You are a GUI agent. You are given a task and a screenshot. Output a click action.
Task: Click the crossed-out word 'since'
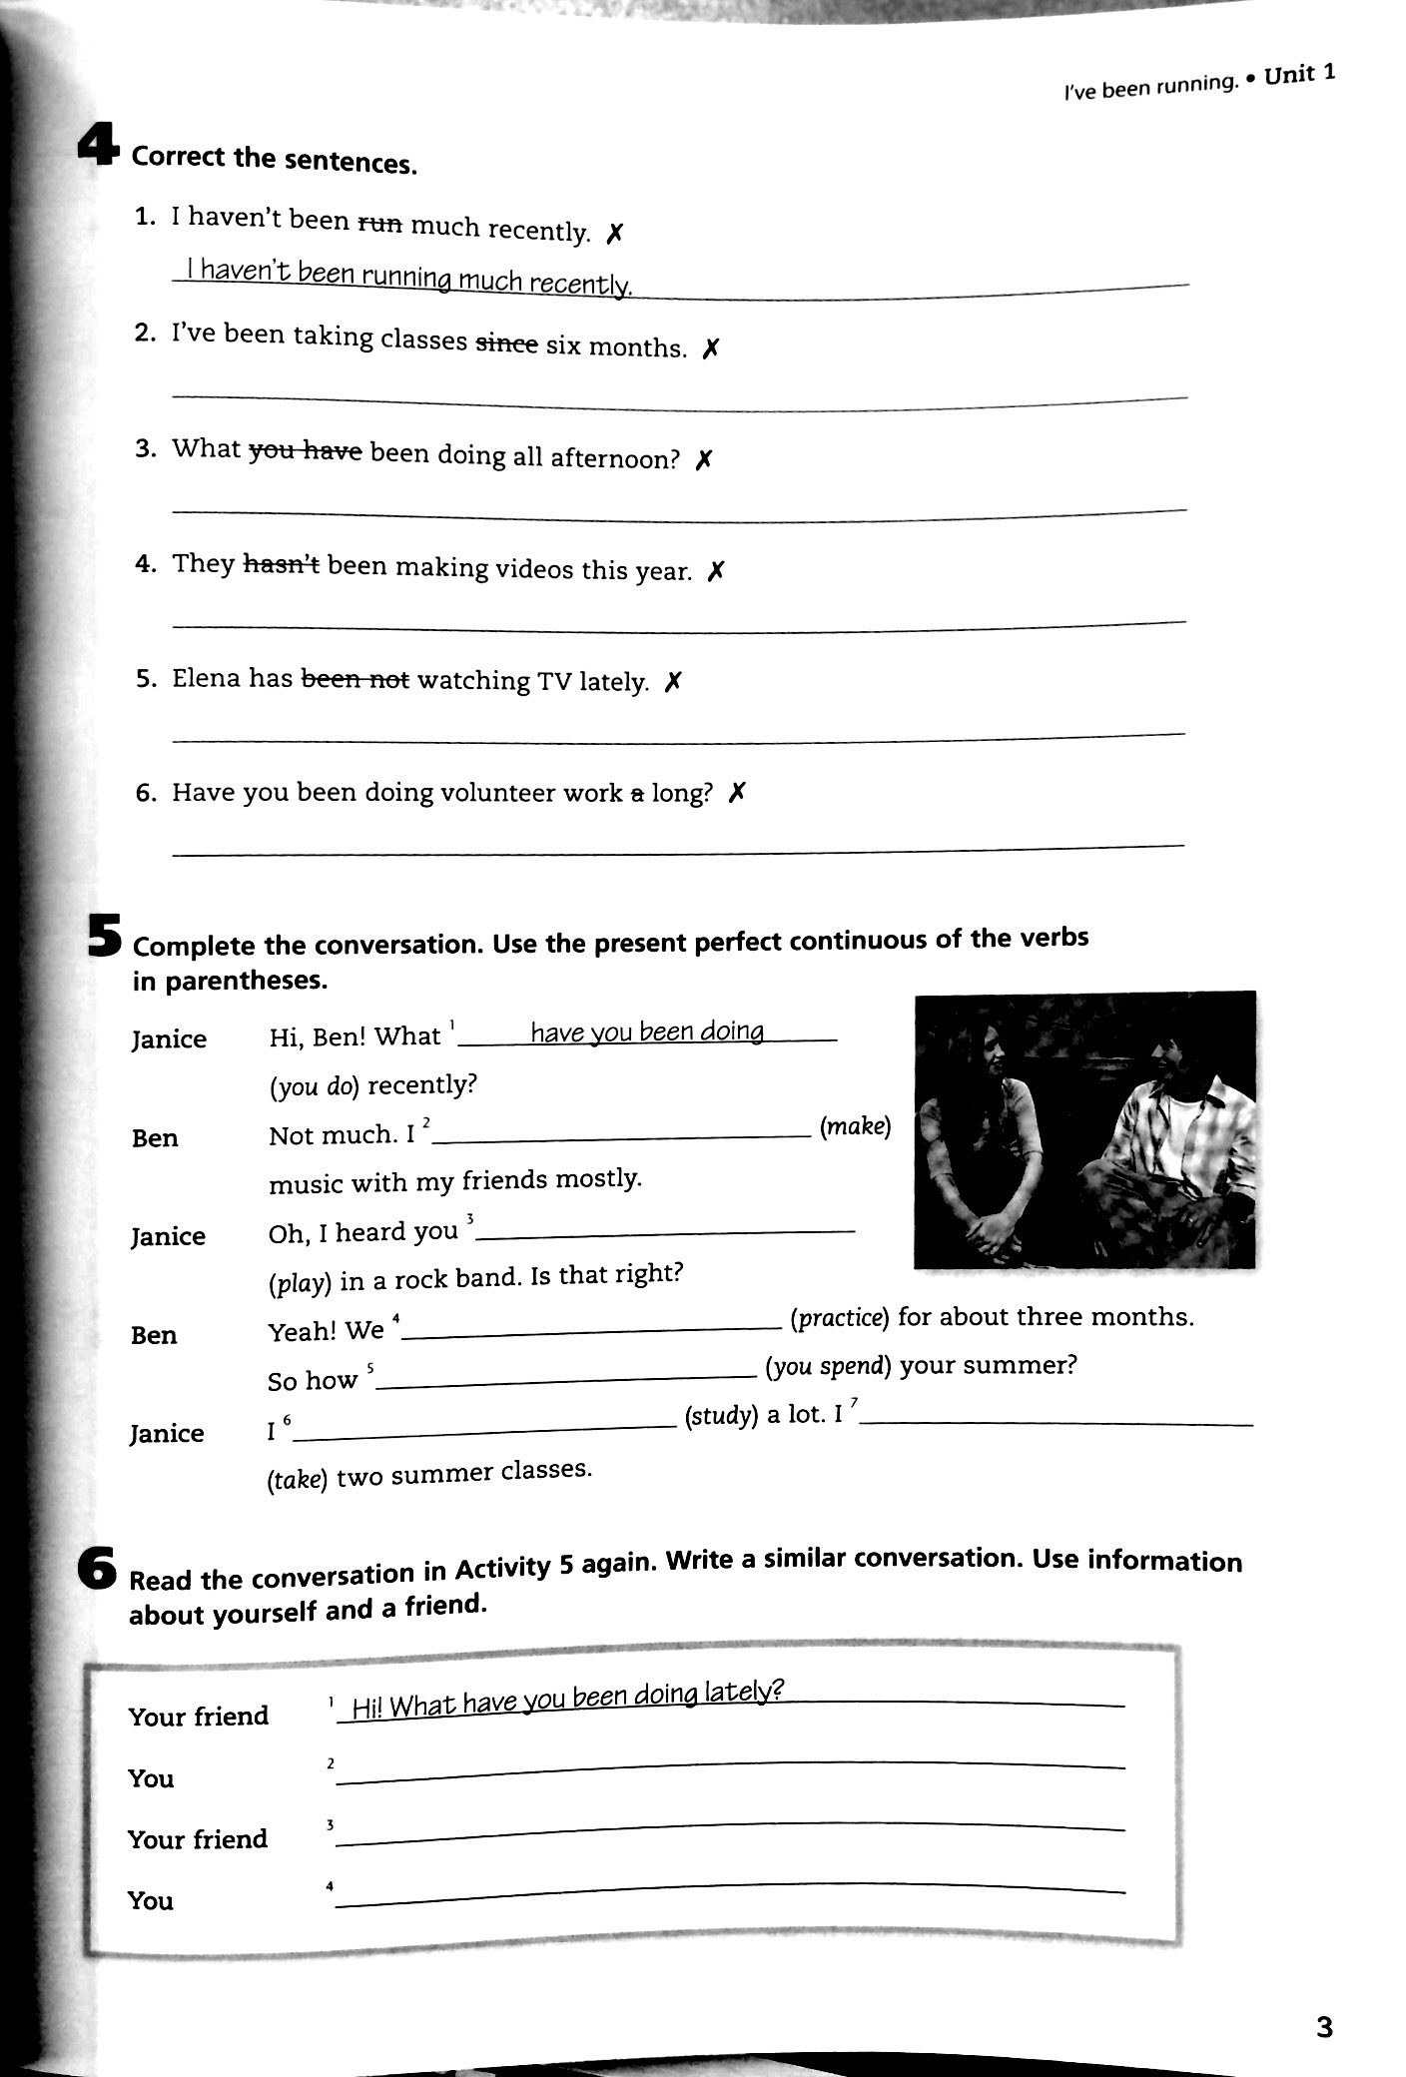coord(506,343)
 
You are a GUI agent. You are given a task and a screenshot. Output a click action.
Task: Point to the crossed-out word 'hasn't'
coord(281,564)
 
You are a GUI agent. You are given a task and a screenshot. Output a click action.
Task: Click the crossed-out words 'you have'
coord(305,451)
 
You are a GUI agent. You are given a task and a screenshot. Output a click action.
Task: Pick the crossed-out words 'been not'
coord(355,679)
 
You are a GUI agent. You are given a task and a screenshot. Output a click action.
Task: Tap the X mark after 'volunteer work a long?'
coord(737,793)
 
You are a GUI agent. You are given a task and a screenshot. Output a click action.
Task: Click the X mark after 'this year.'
coord(715,571)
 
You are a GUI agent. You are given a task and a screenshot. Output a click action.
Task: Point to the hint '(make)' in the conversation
coord(855,1126)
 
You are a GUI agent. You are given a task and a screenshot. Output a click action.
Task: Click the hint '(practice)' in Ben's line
coord(839,1318)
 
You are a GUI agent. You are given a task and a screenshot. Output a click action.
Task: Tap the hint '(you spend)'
coord(829,1366)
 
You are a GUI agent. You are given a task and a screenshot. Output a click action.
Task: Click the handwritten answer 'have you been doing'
coord(647,1031)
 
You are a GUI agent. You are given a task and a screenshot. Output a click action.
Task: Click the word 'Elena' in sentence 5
coord(207,678)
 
